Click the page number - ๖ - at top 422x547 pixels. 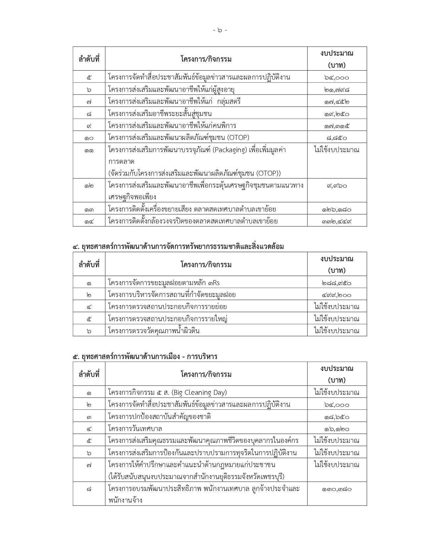coord(220,30)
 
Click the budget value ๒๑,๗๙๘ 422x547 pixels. coord(337,90)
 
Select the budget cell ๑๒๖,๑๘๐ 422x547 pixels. coord(337,209)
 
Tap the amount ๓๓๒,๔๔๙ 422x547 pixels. coord(337,221)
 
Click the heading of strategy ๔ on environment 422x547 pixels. coord(178,246)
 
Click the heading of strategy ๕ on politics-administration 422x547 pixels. coord(145,356)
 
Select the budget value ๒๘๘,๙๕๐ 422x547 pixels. coord(337,283)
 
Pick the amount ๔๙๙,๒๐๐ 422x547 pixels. coord(337,295)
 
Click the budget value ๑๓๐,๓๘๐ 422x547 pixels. coord(337,489)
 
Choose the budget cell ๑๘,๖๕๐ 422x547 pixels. coord(337,416)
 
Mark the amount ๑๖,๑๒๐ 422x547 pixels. coord(337,429)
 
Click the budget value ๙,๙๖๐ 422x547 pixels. coord(337,186)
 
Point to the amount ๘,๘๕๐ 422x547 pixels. coord(337,138)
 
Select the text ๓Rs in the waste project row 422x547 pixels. coord(214,283)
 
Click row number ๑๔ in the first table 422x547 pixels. coord(89,221)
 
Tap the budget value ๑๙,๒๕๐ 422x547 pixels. coord(337,114)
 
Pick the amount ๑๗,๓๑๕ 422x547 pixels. coord(337,126)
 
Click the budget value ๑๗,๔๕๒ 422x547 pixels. coord(337,101)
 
